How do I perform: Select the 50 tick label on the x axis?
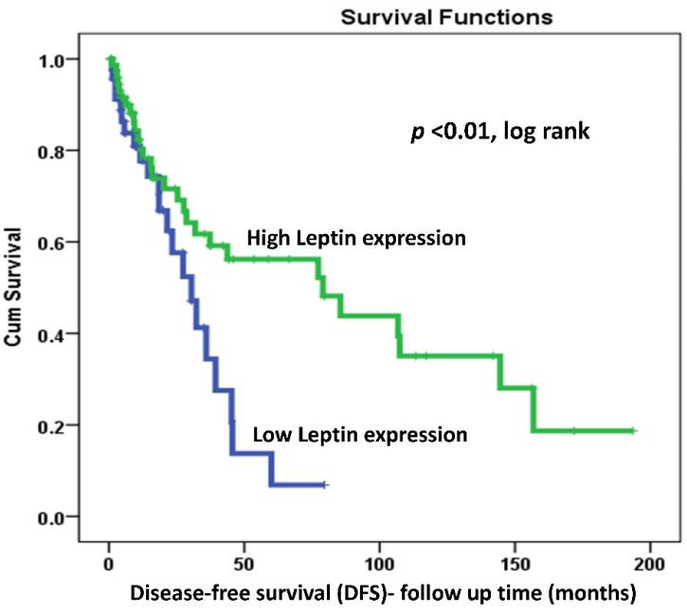click(x=244, y=563)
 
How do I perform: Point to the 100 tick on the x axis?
click(x=380, y=563)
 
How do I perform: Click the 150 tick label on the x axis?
click(x=515, y=563)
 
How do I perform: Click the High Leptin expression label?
click(x=355, y=238)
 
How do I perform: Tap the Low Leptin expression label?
click(x=360, y=435)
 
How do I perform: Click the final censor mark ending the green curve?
click(x=634, y=431)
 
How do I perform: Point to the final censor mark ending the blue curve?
click(x=325, y=484)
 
